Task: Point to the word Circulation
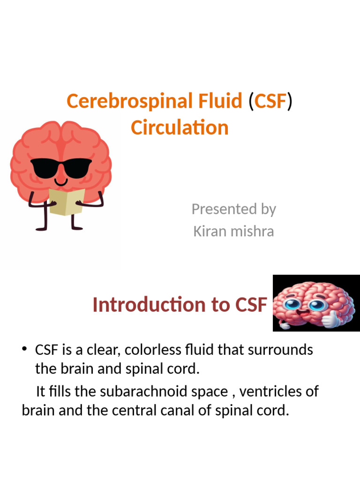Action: [x=180, y=127]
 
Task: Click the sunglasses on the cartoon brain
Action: [x=61, y=167]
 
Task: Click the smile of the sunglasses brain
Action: [x=61, y=181]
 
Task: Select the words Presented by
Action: [x=233, y=209]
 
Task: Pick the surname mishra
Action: [x=254, y=231]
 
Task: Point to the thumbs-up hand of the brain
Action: [x=330, y=319]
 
